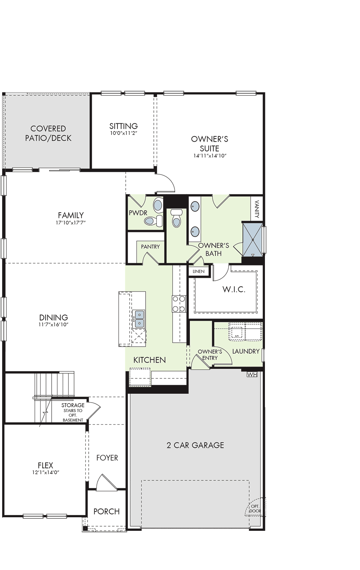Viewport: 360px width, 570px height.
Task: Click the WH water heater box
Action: click(252, 374)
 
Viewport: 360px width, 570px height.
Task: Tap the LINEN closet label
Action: click(198, 271)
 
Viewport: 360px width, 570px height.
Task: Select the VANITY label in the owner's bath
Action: click(257, 209)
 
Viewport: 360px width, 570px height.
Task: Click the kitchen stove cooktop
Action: click(179, 304)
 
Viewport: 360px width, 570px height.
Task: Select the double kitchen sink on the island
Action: click(140, 319)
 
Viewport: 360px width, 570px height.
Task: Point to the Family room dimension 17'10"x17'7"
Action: click(71, 223)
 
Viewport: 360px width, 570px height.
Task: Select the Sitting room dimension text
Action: click(124, 133)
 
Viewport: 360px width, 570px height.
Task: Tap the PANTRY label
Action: click(150, 247)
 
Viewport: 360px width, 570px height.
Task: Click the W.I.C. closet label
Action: click(234, 289)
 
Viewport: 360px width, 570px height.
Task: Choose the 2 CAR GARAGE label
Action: click(195, 445)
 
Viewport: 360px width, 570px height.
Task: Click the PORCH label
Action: click(106, 512)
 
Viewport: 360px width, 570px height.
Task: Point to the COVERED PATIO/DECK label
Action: click(48, 133)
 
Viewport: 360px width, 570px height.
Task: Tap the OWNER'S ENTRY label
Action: click(210, 355)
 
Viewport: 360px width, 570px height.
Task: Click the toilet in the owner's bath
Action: click(176, 218)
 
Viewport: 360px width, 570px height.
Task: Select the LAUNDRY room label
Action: click(246, 351)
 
